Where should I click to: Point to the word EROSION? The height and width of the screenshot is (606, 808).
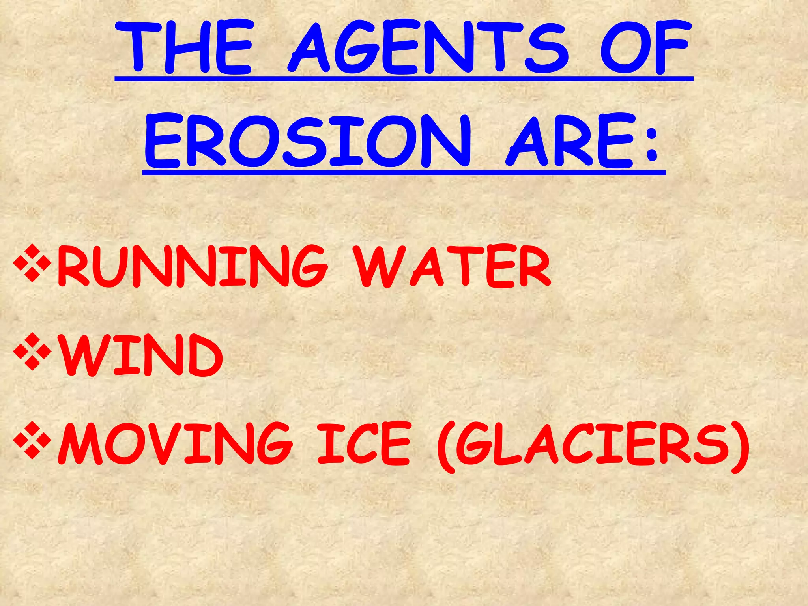point(308,141)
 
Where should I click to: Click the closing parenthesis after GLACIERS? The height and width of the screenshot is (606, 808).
point(740,446)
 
